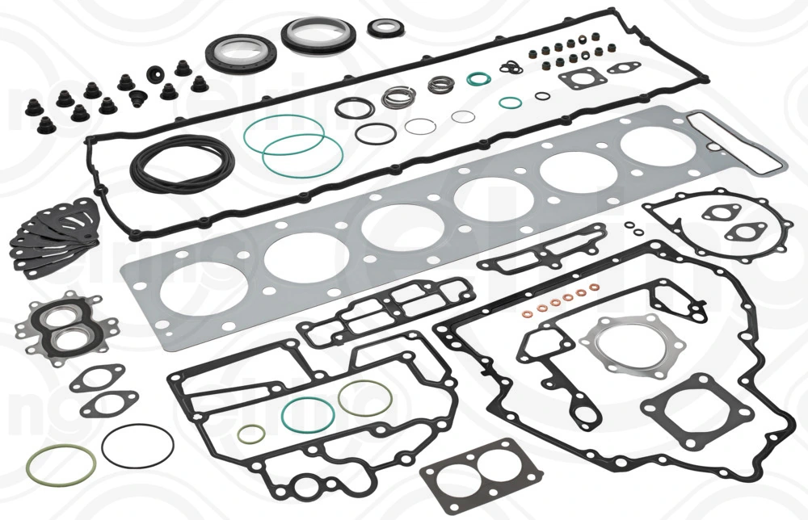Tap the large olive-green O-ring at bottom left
tap(61, 465)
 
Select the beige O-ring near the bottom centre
tap(365, 397)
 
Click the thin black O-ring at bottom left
tap(138, 447)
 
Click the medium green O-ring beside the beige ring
tap(308, 413)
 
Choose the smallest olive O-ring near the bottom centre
tap(250, 434)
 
